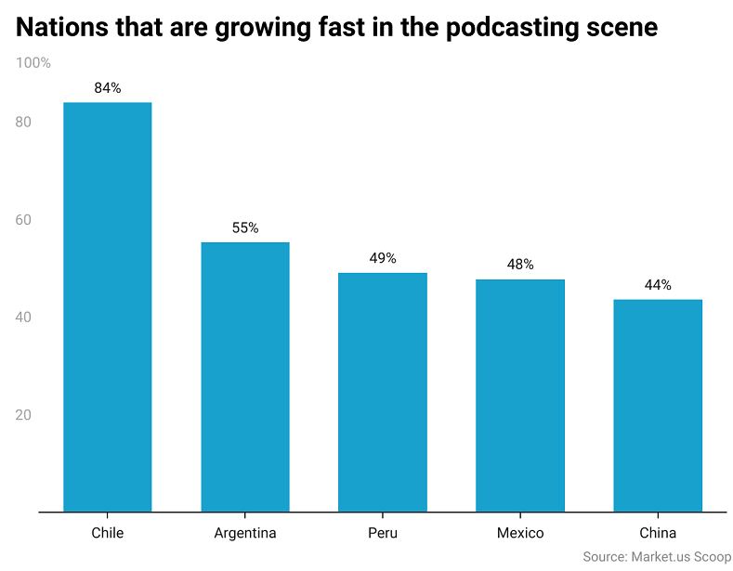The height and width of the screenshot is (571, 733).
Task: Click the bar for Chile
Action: click(107, 306)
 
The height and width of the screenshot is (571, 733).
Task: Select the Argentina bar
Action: click(245, 376)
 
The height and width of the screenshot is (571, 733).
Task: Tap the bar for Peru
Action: click(383, 391)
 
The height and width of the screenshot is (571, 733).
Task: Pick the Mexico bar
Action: click(520, 395)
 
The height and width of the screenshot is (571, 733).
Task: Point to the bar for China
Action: click(658, 405)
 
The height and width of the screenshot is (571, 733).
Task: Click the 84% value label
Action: click(108, 88)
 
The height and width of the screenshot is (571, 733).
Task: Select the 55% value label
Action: click(245, 227)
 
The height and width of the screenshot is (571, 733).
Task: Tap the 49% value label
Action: click(383, 258)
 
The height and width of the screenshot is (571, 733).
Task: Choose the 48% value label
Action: click(520, 265)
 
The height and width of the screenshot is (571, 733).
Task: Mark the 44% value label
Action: click(658, 285)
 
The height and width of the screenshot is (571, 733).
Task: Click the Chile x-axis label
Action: click(107, 533)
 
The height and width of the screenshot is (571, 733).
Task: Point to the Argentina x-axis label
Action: click(245, 533)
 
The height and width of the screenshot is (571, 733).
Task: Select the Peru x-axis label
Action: click(383, 533)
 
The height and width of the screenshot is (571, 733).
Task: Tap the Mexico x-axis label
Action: click(520, 533)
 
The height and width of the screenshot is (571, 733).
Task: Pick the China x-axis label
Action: click(658, 533)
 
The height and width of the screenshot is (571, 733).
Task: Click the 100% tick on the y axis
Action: click(33, 63)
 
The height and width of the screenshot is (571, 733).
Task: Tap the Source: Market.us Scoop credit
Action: click(657, 557)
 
